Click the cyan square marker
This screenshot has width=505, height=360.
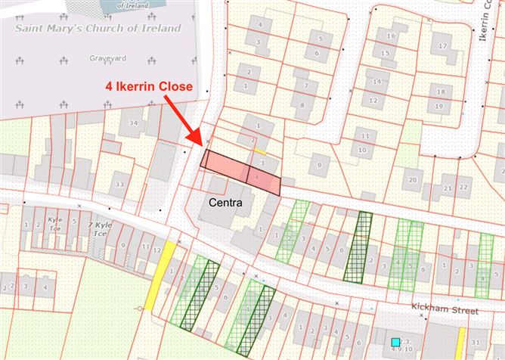point(395,343)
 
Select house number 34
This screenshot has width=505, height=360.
point(133,123)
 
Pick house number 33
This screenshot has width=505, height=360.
point(119,184)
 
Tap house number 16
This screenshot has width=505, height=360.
point(391,36)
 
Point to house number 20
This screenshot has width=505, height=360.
point(412,180)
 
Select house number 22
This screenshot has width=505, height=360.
point(464,187)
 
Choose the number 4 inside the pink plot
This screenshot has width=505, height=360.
point(258,178)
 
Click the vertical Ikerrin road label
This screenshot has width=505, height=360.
point(485,30)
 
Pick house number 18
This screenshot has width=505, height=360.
point(439,92)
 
